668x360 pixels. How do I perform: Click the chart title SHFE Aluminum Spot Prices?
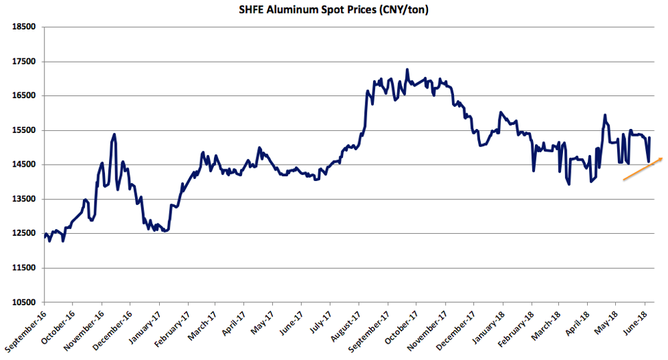pyautogui.click(x=334, y=10)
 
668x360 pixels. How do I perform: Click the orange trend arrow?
pyautogui.click(x=643, y=169)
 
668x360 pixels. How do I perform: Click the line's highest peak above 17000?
pyautogui.click(x=407, y=69)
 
